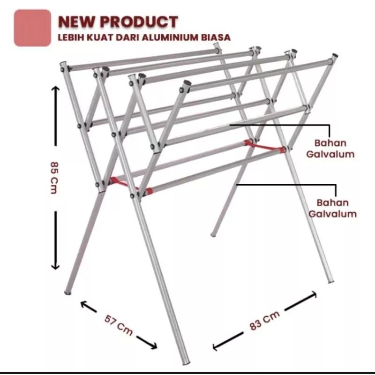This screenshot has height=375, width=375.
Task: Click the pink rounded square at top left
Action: coord(32,28)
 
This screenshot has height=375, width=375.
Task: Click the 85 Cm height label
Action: coord(54,178)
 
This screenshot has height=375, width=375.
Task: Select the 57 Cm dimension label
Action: coord(119,325)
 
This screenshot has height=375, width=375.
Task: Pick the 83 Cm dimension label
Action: coord(264,321)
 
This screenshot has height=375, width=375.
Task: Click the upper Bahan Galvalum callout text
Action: coord(330,149)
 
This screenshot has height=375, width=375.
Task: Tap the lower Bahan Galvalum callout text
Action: coord(332,208)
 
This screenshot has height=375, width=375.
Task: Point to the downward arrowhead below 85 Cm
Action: coord(55,266)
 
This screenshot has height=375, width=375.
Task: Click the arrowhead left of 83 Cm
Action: coord(216,347)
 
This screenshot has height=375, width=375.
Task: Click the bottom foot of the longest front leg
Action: coord(186,361)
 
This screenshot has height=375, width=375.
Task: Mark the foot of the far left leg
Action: coord(67,292)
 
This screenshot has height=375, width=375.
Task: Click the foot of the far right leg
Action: coord(331,281)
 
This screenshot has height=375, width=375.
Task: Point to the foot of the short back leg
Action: coord(213,235)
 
